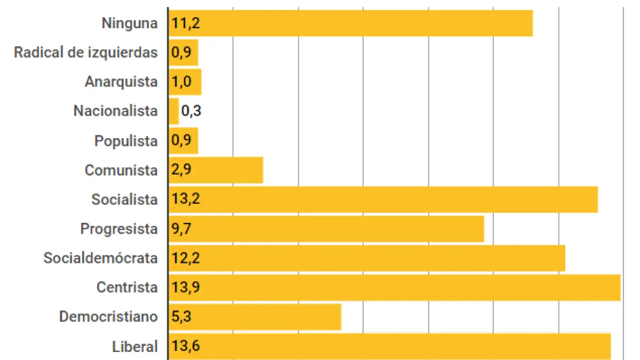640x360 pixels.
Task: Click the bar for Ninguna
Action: click(350, 23)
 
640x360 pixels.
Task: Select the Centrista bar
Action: click(395, 287)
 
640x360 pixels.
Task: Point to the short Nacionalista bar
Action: click(173, 111)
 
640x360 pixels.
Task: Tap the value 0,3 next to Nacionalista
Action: click(191, 111)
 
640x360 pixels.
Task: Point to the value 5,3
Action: click(182, 317)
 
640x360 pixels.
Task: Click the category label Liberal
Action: click(135, 346)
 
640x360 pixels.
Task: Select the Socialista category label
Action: click(124, 199)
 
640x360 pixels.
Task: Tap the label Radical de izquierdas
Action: click(85, 52)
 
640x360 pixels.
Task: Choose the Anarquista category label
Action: click(121, 82)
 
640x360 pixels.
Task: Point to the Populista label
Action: click(126, 141)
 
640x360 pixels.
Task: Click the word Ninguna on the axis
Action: click(130, 23)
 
